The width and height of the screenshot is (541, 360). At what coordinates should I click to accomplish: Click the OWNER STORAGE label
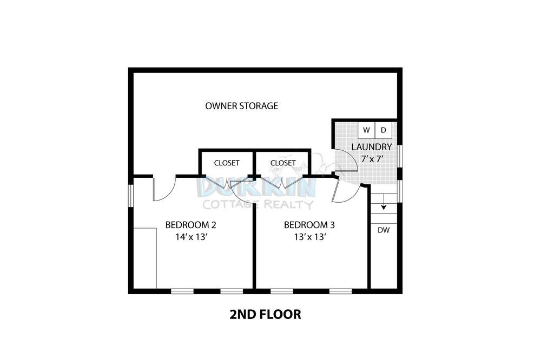pos(241,106)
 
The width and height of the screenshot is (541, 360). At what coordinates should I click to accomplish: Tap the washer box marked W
pos(366,130)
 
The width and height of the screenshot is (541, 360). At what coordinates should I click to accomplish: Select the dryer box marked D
pos(384,130)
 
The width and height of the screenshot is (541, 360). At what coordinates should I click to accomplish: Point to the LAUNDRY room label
pos(372,147)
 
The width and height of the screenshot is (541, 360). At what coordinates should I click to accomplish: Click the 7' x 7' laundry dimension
pos(372,159)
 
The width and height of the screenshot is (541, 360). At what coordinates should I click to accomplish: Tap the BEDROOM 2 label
pos(191,225)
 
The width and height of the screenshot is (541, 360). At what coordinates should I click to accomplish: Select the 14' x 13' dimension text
pos(191,237)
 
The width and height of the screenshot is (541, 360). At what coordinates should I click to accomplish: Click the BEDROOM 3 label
pos(309,225)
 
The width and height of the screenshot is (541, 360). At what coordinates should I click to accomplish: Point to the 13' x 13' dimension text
pos(310,237)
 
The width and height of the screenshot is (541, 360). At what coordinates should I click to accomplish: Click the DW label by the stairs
pos(384,230)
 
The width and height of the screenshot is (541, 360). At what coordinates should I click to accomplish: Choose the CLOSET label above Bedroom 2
pos(227,163)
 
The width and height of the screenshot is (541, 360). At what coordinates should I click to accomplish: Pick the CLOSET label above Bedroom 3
pos(283,163)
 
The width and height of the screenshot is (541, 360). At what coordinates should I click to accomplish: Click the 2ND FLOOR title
pos(265,315)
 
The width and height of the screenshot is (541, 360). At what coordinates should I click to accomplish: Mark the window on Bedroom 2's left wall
pos(131,196)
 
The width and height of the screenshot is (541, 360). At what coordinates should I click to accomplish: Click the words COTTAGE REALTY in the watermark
pos(258,205)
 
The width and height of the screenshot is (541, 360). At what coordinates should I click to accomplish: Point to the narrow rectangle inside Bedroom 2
pos(145,258)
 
